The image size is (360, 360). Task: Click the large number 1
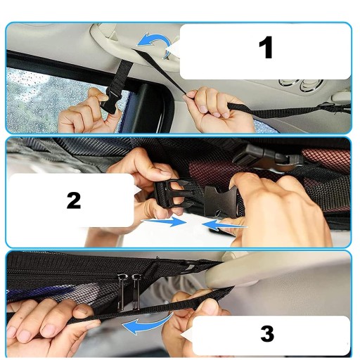[x=266, y=47]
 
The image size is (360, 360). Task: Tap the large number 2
[x=74, y=200]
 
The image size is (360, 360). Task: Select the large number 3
[x=267, y=333]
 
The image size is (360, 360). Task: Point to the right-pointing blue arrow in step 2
[x=165, y=221]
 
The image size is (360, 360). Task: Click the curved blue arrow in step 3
[x=146, y=325]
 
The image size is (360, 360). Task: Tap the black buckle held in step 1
[x=110, y=101]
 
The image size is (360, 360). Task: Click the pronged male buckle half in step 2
[x=174, y=194]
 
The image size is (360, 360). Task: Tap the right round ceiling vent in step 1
[x=311, y=85]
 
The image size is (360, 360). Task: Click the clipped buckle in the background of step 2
[x=267, y=156]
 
